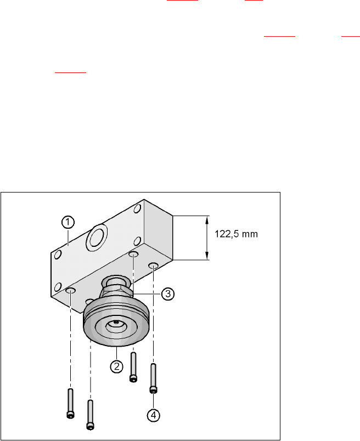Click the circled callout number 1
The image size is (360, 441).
[68, 222]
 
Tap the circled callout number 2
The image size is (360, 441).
[116, 366]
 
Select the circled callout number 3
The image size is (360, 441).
[168, 294]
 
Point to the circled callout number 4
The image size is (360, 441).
[154, 415]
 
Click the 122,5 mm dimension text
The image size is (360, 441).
[236, 234]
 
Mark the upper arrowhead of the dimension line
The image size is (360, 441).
[207, 220]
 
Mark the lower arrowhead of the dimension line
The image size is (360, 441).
[207, 256]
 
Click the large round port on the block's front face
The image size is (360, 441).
[97, 237]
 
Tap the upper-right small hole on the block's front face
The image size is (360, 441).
[137, 208]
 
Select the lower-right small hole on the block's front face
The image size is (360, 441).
[137, 241]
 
